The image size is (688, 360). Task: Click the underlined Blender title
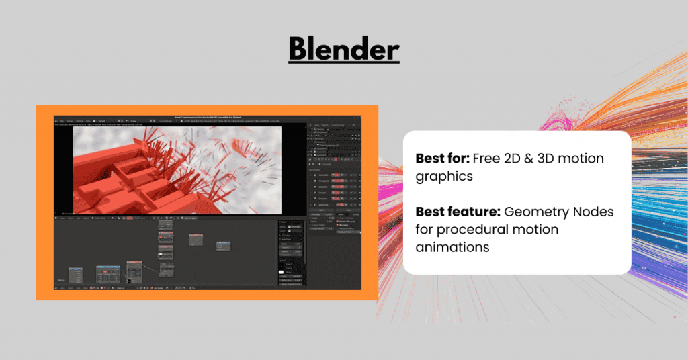click(344, 49)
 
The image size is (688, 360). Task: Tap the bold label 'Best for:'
click(442, 159)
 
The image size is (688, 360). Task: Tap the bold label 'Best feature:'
click(458, 212)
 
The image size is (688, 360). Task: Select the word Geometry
click(535, 212)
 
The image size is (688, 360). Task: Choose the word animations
click(452, 247)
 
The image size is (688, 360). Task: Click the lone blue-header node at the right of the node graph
click(224, 244)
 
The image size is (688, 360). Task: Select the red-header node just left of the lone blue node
click(196, 240)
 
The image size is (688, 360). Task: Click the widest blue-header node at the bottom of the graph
click(107, 275)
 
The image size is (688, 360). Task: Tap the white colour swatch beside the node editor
click(282, 271)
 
